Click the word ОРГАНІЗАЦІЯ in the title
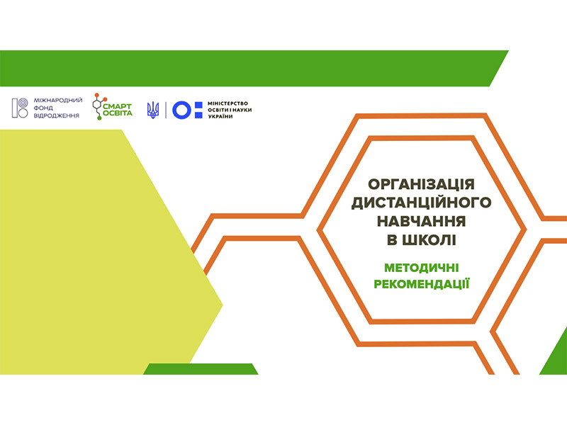point(421,184)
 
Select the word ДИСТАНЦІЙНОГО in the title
point(421,203)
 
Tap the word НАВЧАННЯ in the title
point(421,221)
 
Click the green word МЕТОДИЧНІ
point(421,268)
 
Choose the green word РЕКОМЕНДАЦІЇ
point(421,284)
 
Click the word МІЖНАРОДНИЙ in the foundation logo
point(58,100)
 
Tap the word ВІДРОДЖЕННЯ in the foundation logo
point(57,115)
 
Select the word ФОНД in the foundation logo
point(43,108)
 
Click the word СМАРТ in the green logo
point(118,106)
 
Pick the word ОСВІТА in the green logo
point(118,113)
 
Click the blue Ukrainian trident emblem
point(153,110)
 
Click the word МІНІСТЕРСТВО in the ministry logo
point(228,103)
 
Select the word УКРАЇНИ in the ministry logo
point(220,116)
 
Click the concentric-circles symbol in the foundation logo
point(23,103)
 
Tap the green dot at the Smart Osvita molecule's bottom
point(99,118)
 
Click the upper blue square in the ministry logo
point(198,105)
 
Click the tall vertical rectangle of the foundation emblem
point(15,108)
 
